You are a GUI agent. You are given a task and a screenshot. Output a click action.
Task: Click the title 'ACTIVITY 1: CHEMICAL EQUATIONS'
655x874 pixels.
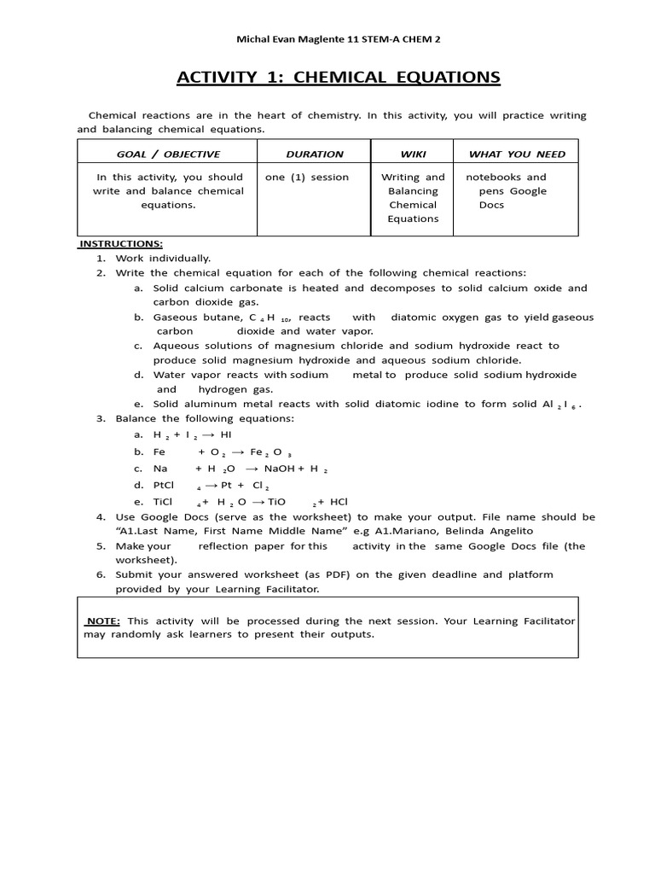(339, 79)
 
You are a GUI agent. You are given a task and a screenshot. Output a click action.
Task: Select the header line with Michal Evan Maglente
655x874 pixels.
(338, 39)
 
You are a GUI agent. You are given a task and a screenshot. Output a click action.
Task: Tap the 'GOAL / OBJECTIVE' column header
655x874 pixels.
(168, 154)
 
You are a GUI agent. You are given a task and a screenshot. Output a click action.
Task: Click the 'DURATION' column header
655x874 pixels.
(315, 154)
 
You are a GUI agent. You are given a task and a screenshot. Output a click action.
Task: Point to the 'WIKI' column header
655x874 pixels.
(413, 154)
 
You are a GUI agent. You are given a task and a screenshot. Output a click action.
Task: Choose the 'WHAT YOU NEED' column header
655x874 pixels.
(517, 154)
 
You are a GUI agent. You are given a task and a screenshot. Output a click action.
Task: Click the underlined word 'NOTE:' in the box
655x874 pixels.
(102, 621)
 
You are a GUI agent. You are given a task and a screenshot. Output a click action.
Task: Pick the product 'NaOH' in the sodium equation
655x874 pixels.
(281, 469)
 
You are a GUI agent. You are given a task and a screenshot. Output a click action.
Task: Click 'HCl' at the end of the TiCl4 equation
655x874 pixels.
(338, 502)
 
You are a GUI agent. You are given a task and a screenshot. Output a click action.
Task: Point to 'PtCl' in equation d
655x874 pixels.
(165, 485)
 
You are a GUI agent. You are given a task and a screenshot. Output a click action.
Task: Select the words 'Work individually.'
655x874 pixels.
(163, 258)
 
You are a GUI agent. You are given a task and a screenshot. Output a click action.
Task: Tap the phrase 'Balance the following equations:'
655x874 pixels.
(204, 418)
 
